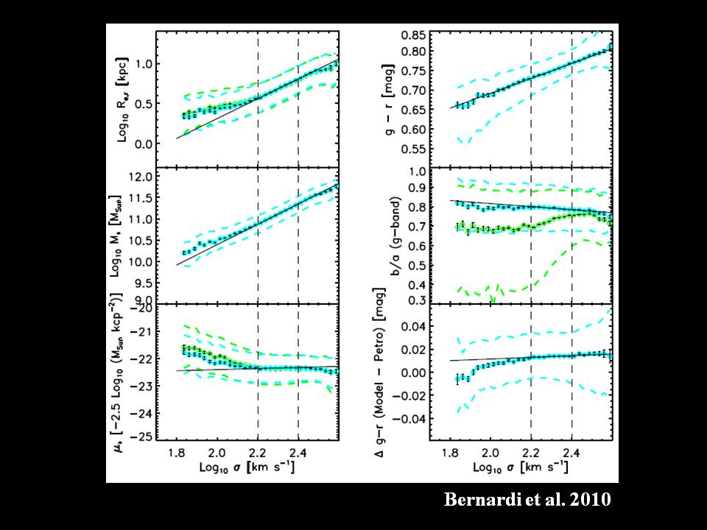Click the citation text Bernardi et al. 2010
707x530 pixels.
point(527,500)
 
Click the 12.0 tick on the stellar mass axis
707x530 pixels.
point(150,177)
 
